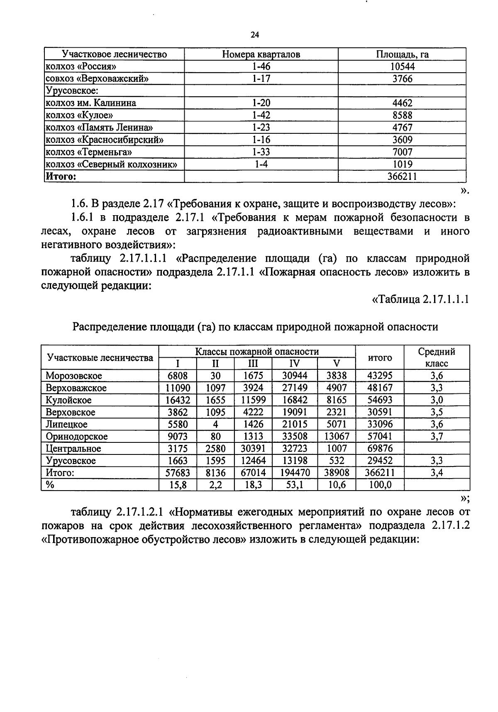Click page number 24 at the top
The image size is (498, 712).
click(255, 35)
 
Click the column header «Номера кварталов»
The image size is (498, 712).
click(261, 54)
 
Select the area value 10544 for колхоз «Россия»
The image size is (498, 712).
click(402, 66)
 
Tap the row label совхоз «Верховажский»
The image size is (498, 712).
click(97, 79)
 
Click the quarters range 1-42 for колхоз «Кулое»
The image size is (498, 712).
click(261, 115)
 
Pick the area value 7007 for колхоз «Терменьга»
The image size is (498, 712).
click(402, 152)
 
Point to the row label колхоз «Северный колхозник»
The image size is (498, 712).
click(111, 164)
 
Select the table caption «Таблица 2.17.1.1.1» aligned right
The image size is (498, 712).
click(420, 299)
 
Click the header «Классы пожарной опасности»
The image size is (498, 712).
click(257, 352)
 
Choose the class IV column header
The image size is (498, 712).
click(294, 364)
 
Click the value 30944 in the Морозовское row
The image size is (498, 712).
click(294, 376)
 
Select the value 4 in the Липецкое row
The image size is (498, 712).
click(215, 425)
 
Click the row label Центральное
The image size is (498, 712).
click(73, 449)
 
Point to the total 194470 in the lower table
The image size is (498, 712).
click(294, 473)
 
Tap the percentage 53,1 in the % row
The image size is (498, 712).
click(294, 485)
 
